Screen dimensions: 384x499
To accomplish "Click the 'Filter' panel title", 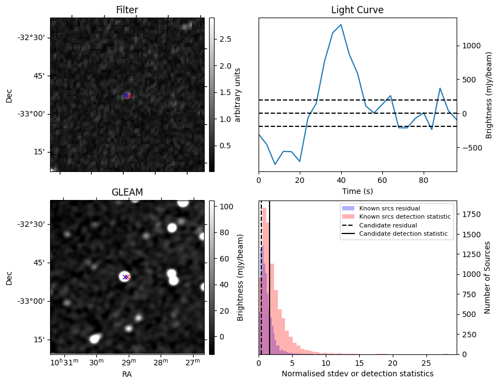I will point(127,10).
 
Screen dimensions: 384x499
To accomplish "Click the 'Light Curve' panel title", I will point(357,10).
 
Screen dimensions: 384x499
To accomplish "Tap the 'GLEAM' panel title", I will point(127,192).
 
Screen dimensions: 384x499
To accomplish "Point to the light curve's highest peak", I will point(341,25).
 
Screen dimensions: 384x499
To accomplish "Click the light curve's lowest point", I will point(275,164).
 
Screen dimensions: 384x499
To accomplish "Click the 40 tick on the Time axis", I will point(341,179).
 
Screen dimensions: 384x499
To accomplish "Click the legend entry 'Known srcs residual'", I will point(390,208).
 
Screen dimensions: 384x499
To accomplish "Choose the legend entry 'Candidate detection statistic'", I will point(404,234).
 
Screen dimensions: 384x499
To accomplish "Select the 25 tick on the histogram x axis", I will point(426,363).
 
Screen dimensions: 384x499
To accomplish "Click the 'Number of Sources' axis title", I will point(487,277).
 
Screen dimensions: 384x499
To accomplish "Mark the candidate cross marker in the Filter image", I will point(127,95).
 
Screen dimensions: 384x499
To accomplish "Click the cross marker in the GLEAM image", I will point(126,277).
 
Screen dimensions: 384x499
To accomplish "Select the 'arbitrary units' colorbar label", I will point(238,94).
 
